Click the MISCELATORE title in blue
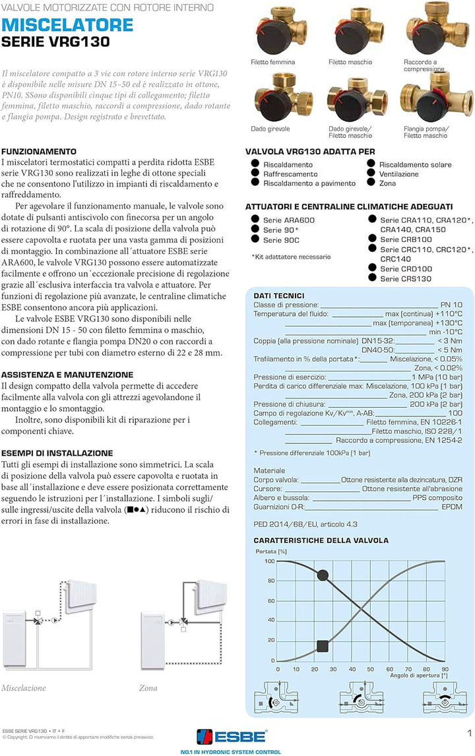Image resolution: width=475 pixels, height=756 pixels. (68, 25)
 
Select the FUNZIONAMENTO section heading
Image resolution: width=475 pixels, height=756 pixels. (39, 151)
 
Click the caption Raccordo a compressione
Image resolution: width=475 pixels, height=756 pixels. (424, 65)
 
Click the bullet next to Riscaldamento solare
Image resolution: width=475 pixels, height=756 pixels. (372, 164)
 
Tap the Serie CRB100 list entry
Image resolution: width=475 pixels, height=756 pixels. (406, 239)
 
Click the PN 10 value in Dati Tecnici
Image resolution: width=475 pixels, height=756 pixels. (451, 305)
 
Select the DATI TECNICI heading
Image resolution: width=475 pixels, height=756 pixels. (279, 296)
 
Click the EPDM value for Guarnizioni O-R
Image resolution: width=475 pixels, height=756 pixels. (451, 507)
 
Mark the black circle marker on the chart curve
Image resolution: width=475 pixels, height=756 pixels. (322, 575)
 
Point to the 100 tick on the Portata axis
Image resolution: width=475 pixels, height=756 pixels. (269, 561)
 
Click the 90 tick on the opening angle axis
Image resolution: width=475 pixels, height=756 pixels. (445, 668)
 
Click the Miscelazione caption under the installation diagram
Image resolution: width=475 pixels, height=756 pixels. (24, 688)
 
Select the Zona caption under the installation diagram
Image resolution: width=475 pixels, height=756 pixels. (148, 688)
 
